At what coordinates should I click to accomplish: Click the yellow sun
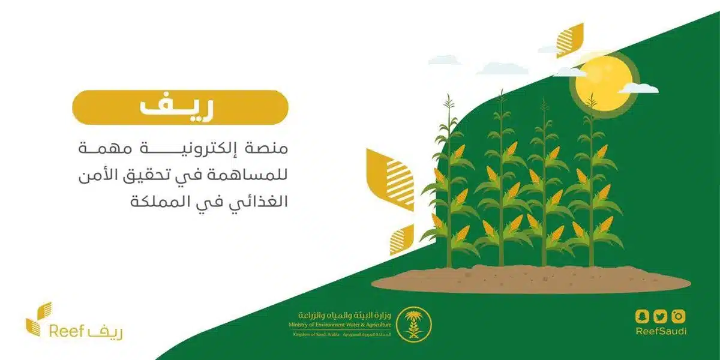tap(603, 81)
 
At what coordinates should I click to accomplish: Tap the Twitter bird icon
tap(661, 316)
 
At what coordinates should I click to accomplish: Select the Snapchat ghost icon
tap(643, 316)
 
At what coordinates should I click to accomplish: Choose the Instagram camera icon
tap(679, 316)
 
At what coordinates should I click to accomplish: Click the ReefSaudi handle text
tap(661, 332)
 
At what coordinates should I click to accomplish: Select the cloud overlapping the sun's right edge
tap(638, 88)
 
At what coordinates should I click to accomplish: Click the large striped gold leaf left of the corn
tap(391, 179)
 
